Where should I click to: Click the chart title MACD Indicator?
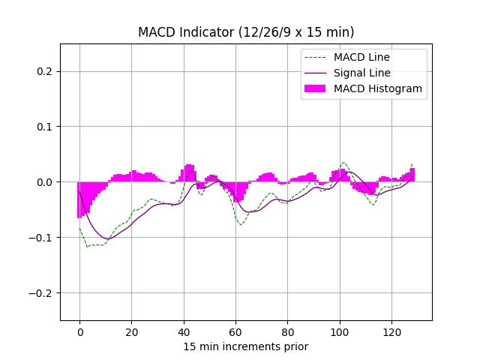click(x=246, y=32)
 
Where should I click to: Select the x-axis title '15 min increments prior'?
click(x=246, y=346)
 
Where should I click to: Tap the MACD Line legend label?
click(x=361, y=57)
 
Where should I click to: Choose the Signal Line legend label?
click(x=361, y=73)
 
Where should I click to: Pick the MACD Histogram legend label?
click(x=378, y=88)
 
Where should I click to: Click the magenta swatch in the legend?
click(x=316, y=88)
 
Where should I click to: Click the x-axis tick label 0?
click(x=79, y=331)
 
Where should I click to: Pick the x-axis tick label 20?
click(x=131, y=331)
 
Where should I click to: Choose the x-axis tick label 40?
click(x=184, y=331)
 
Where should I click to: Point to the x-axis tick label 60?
click(x=235, y=331)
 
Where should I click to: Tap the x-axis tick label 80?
click(x=288, y=331)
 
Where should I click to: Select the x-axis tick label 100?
click(x=340, y=331)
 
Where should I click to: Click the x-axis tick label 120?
click(x=392, y=331)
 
